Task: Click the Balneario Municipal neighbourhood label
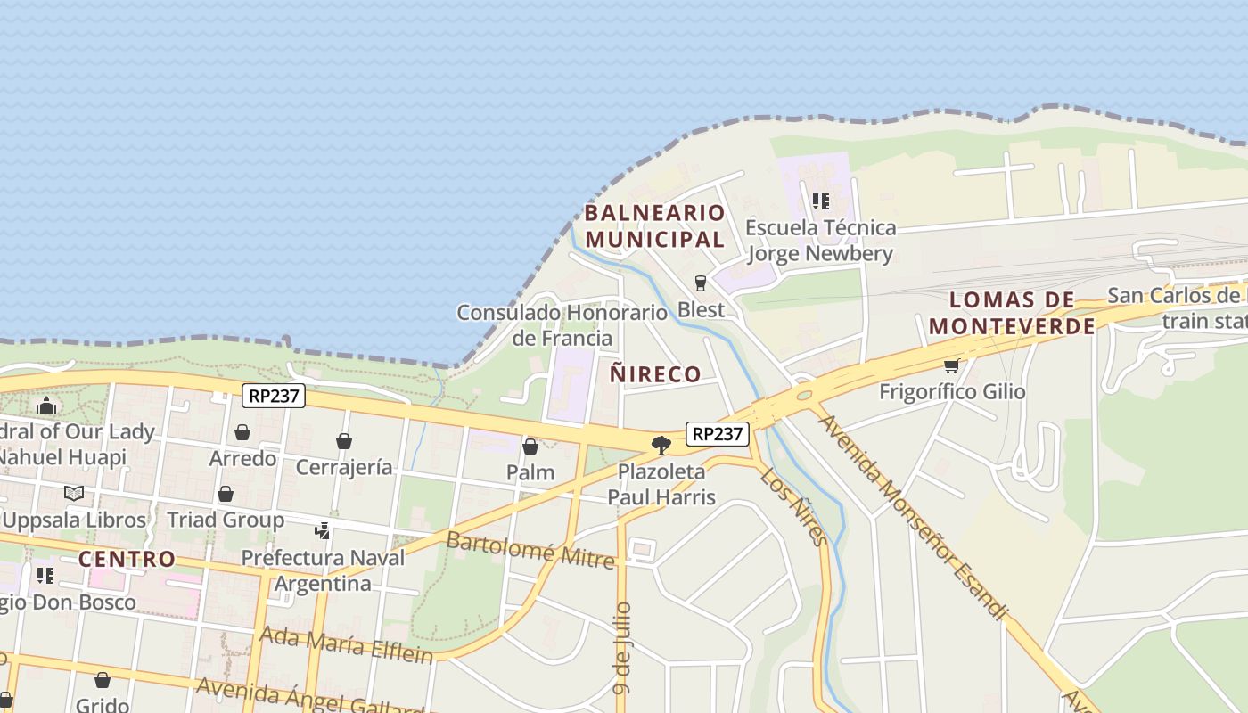[x=654, y=225]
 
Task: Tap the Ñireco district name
[x=655, y=373]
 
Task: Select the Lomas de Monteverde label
[x=1012, y=313]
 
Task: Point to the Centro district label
[x=127, y=560]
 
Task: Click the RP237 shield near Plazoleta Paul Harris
[x=718, y=434]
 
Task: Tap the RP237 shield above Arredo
[x=274, y=396]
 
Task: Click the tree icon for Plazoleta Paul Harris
[x=661, y=445]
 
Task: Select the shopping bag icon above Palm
[x=530, y=447]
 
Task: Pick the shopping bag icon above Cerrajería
[x=344, y=441]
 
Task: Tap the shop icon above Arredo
[x=242, y=433]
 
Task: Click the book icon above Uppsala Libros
[x=74, y=493]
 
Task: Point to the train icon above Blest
[x=701, y=283]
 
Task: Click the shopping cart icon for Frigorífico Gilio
[x=952, y=365]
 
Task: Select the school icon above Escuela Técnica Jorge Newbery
[x=820, y=201]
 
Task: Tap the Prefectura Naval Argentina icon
[x=323, y=531]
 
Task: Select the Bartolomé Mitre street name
[x=530, y=550]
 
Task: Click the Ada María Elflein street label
[x=346, y=644]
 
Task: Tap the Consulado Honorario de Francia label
[x=562, y=325]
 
